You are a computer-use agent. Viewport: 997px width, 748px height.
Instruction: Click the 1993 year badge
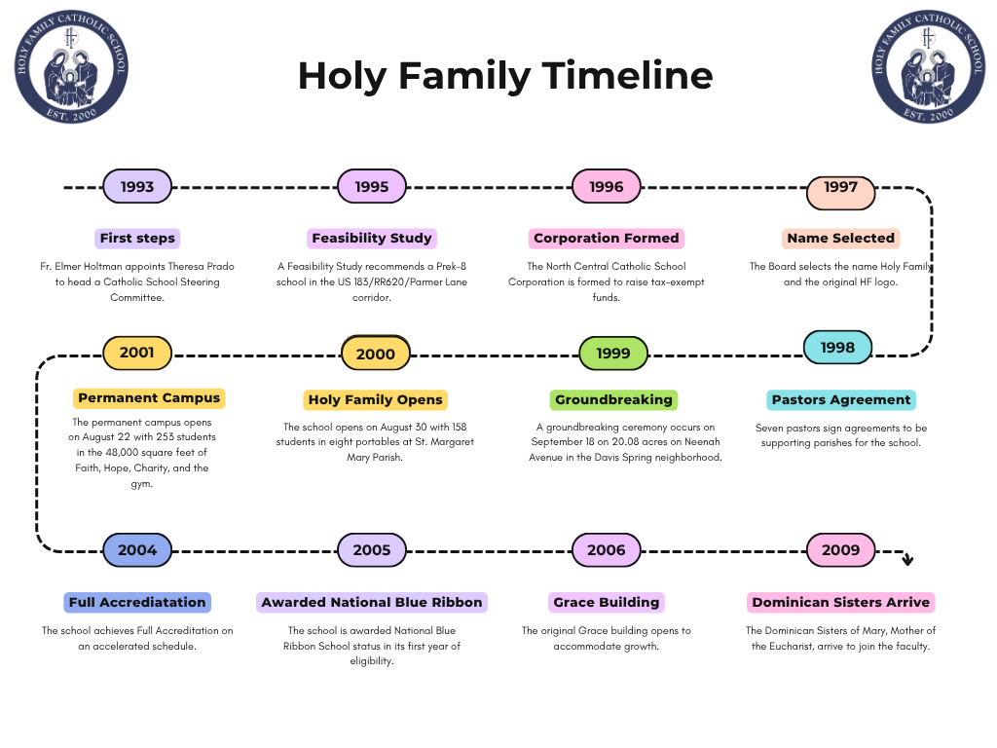137,187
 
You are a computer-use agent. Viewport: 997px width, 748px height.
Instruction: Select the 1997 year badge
840,187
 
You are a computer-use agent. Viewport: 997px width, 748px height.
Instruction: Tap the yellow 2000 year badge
376,355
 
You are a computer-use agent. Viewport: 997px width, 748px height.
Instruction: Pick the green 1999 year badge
613,354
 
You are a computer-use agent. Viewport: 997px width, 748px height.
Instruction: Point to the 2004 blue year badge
137,550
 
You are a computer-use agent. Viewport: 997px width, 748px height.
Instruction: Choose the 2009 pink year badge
841,550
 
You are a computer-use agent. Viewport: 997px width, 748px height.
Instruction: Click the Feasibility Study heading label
372,239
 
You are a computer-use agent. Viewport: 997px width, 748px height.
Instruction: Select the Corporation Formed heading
607,239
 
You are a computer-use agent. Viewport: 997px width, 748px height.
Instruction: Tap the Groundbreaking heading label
613,400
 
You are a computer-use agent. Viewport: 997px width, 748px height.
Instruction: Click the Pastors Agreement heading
841,400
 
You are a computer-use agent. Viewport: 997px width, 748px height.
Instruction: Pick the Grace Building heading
607,603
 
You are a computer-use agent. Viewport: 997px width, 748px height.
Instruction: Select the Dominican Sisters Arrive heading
841,603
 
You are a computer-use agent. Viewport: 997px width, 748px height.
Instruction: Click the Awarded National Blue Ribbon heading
372,603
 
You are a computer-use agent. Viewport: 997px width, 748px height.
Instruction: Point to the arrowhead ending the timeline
907,559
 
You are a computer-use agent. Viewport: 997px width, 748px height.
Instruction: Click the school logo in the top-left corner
71,67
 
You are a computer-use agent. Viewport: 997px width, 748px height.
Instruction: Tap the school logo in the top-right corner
927,67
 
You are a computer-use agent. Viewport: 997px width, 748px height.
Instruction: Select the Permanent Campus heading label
149,398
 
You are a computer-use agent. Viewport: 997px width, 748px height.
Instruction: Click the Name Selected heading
841,239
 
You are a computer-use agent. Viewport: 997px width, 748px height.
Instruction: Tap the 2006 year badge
607,550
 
